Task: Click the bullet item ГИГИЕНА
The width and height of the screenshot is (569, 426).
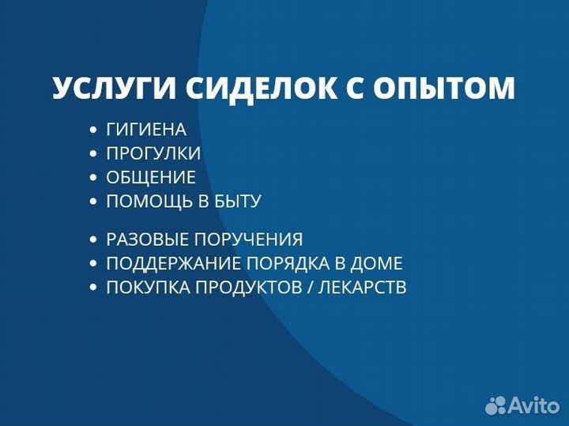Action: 146,130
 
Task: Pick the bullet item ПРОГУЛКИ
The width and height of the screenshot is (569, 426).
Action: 153,153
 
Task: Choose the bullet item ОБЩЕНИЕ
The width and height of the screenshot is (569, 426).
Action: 151,177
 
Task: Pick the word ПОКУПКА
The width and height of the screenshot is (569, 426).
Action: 140,288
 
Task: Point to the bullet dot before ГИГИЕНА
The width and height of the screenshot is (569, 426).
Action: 94,130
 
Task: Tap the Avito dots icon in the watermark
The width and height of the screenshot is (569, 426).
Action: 496,405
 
